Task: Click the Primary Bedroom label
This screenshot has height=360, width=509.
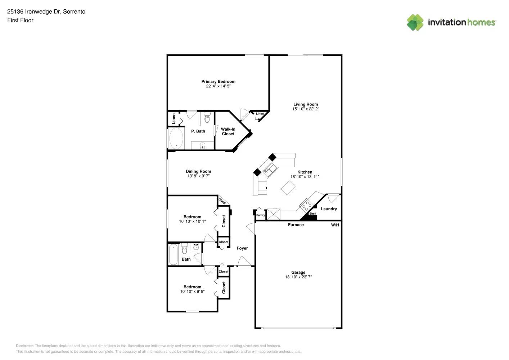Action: (x=218, y=81)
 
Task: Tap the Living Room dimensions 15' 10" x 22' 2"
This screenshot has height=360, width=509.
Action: (x=306, y=109)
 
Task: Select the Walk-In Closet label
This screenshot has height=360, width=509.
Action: (x=228, y=131)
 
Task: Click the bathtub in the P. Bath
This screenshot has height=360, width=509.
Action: (x=176, y=139)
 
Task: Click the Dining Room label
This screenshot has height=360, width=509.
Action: (x=198, y=171)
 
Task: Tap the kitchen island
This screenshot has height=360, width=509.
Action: (x=288, y=188)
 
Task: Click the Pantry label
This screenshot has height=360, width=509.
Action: (x=260, y=215)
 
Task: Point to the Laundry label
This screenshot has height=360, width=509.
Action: (x=329, y=209)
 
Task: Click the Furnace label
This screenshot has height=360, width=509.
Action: (x=296, y=225)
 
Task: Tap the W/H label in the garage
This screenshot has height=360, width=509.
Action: (x=335, y=225)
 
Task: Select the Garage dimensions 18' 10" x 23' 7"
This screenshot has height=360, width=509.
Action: (x=298, y=277)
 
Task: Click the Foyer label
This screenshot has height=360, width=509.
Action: (x=242, y=248)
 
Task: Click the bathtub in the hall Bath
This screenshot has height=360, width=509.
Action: (x=174, y=254)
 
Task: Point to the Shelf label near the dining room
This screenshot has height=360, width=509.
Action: (x=222, y=201)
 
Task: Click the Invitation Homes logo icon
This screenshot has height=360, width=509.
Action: (x=415, y=22)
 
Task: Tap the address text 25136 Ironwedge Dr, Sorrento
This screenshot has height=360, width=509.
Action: (x=46, y=12)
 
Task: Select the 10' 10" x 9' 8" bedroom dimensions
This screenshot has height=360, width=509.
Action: (x=192, y=291)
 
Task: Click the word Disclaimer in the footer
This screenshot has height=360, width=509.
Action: (x=24, y=346)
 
